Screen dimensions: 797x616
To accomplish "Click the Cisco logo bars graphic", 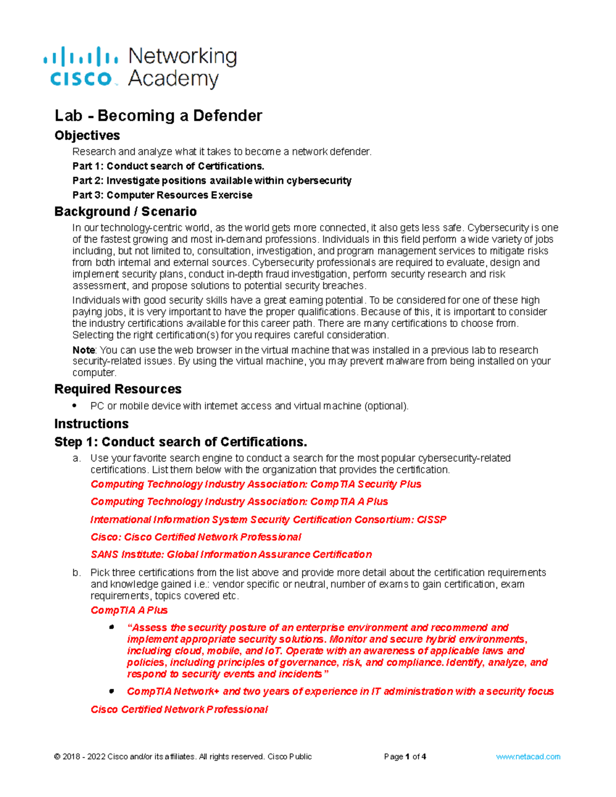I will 81,56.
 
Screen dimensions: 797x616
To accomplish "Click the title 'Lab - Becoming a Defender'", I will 158,115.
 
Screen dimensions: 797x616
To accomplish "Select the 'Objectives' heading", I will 87,135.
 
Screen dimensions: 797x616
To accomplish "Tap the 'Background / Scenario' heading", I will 125,211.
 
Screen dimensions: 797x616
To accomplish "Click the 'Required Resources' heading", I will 118,389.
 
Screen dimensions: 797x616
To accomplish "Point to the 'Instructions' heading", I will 91,424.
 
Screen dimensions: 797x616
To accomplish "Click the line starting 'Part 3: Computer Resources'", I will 162,195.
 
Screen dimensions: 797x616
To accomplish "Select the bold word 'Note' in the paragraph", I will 83,350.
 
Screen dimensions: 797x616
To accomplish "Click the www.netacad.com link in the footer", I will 528,756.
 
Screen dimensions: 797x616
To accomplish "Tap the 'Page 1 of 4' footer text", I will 405,756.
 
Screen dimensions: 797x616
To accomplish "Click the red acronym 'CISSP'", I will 431,519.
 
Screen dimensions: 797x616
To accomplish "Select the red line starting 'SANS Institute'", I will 231,554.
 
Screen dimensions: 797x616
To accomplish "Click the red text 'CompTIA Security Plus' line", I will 256,484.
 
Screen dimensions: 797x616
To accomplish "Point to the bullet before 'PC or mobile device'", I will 75,406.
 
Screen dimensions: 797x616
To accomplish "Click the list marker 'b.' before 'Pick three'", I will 76,573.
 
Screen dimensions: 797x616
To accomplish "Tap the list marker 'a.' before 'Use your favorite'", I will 76,458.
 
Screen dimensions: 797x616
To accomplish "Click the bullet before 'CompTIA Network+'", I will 111,691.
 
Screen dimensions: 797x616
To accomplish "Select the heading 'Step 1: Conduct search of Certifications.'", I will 181,442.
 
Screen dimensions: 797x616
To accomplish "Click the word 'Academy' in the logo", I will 173,79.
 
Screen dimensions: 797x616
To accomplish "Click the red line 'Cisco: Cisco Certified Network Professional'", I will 196,537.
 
